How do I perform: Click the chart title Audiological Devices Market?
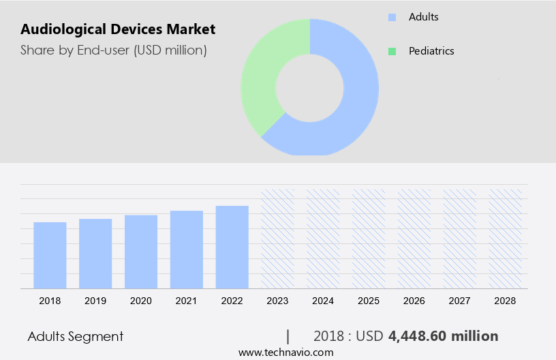(x=118, y=29)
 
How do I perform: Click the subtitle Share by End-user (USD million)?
(x=113, y=50)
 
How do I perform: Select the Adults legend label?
(x=423, y=16)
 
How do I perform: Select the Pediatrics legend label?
(x=431, y=50)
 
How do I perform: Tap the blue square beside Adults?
(x=392, y=16)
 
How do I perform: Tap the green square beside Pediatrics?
(x=392, y=51)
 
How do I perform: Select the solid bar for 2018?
(x=50, y=255)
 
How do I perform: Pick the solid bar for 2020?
(x=141, y=252)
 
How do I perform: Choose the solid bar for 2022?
(x=232, y=247)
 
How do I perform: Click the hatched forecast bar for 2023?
(x=278, y=239)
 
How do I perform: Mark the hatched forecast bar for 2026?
(x=415, y=239)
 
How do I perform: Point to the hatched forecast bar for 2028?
(x=506, y=239)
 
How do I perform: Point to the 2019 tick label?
(x=95, y=300)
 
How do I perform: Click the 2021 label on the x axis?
(x=187, y=300)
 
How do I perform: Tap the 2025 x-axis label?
(x=369, y=300)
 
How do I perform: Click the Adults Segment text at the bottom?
(x=76, y=336)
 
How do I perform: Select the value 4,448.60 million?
(x=443, y=336)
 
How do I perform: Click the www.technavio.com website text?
(x=285, y=352)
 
